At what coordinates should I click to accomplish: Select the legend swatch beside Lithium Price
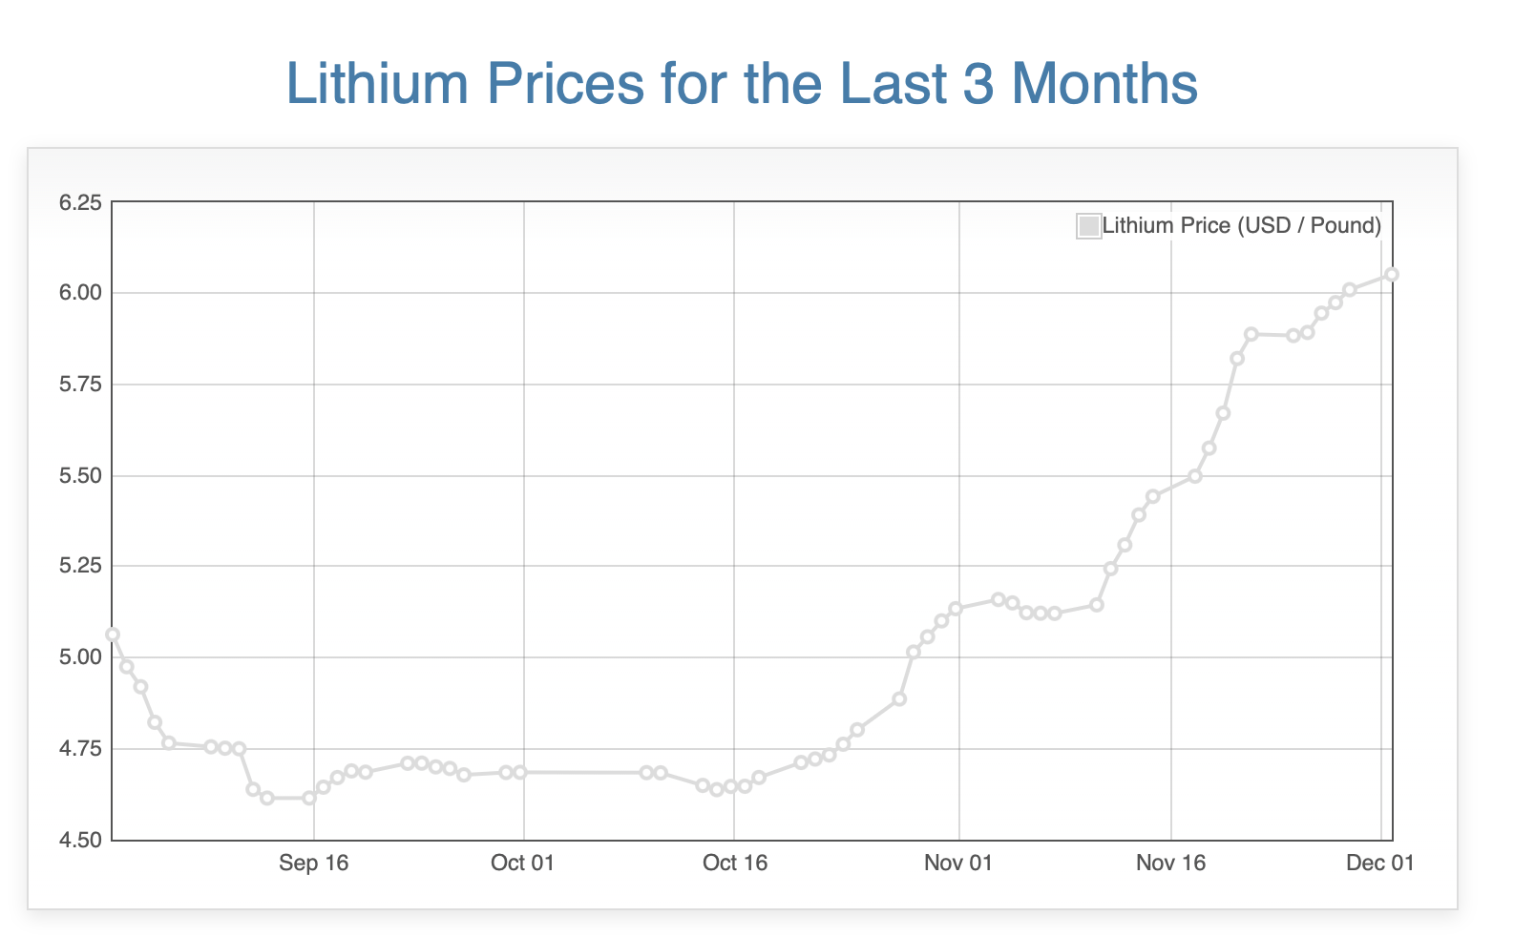pyautogui.click(x=1088, y=226)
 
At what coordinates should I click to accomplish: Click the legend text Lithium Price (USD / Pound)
pyautogui.click(x=1241, y=226)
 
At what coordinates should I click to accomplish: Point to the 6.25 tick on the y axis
pyautogui.click(x=80, y=202)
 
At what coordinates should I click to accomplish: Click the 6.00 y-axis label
pyautogui.click(x=80, y=293)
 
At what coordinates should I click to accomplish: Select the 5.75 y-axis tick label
pyautogui.click(x=80, y=385)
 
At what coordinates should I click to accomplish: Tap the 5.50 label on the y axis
pyautogui.click(x=80, y=475)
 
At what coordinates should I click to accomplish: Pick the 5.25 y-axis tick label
pyautogui.click(x=80, y=567)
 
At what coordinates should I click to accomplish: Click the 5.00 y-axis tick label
pyautogui.click(x=80, y=657)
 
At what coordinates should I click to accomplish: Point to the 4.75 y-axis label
pyautogui.click(x=80, y=749)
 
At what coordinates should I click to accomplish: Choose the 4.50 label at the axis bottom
pyautogui.click(x=80, y=841)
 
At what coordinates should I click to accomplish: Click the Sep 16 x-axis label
pyautogui.click(x=314, y=864)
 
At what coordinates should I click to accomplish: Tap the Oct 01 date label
pyautogui.click(x=522, y=864)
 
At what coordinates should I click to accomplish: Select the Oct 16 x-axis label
pyautogui.click(x=734, y=864)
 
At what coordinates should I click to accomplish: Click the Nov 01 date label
pyautogui.click(x=958, y=864)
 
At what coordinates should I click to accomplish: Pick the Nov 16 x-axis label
pyautogui.click(x=1170, y=864)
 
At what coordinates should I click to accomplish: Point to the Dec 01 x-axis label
pyautogui.click(x=1379, y=864)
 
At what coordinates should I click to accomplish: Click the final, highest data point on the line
pyautogui.click(x=1392, y=275)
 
